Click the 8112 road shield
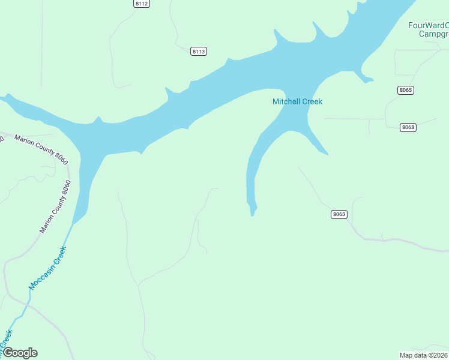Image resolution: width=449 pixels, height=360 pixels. [142, 4]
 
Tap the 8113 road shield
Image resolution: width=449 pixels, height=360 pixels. [199, 52]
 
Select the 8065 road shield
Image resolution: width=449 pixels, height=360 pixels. [406, 90]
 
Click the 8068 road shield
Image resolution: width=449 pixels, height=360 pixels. [409, 127]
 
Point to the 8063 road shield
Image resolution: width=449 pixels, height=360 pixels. [339, 214]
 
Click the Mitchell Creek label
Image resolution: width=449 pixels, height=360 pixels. [297, 101]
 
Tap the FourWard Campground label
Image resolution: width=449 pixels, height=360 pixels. [429, 29]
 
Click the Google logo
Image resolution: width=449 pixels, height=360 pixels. [20, 353]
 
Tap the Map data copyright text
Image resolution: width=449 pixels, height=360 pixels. [424, 355]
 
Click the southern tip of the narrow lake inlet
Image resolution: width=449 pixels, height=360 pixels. [253, 214]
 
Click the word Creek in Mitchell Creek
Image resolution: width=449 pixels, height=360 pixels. [312, 101]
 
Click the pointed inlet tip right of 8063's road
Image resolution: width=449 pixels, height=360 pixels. [326, 154]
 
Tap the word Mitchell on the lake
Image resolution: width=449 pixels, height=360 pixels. [286, 101]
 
